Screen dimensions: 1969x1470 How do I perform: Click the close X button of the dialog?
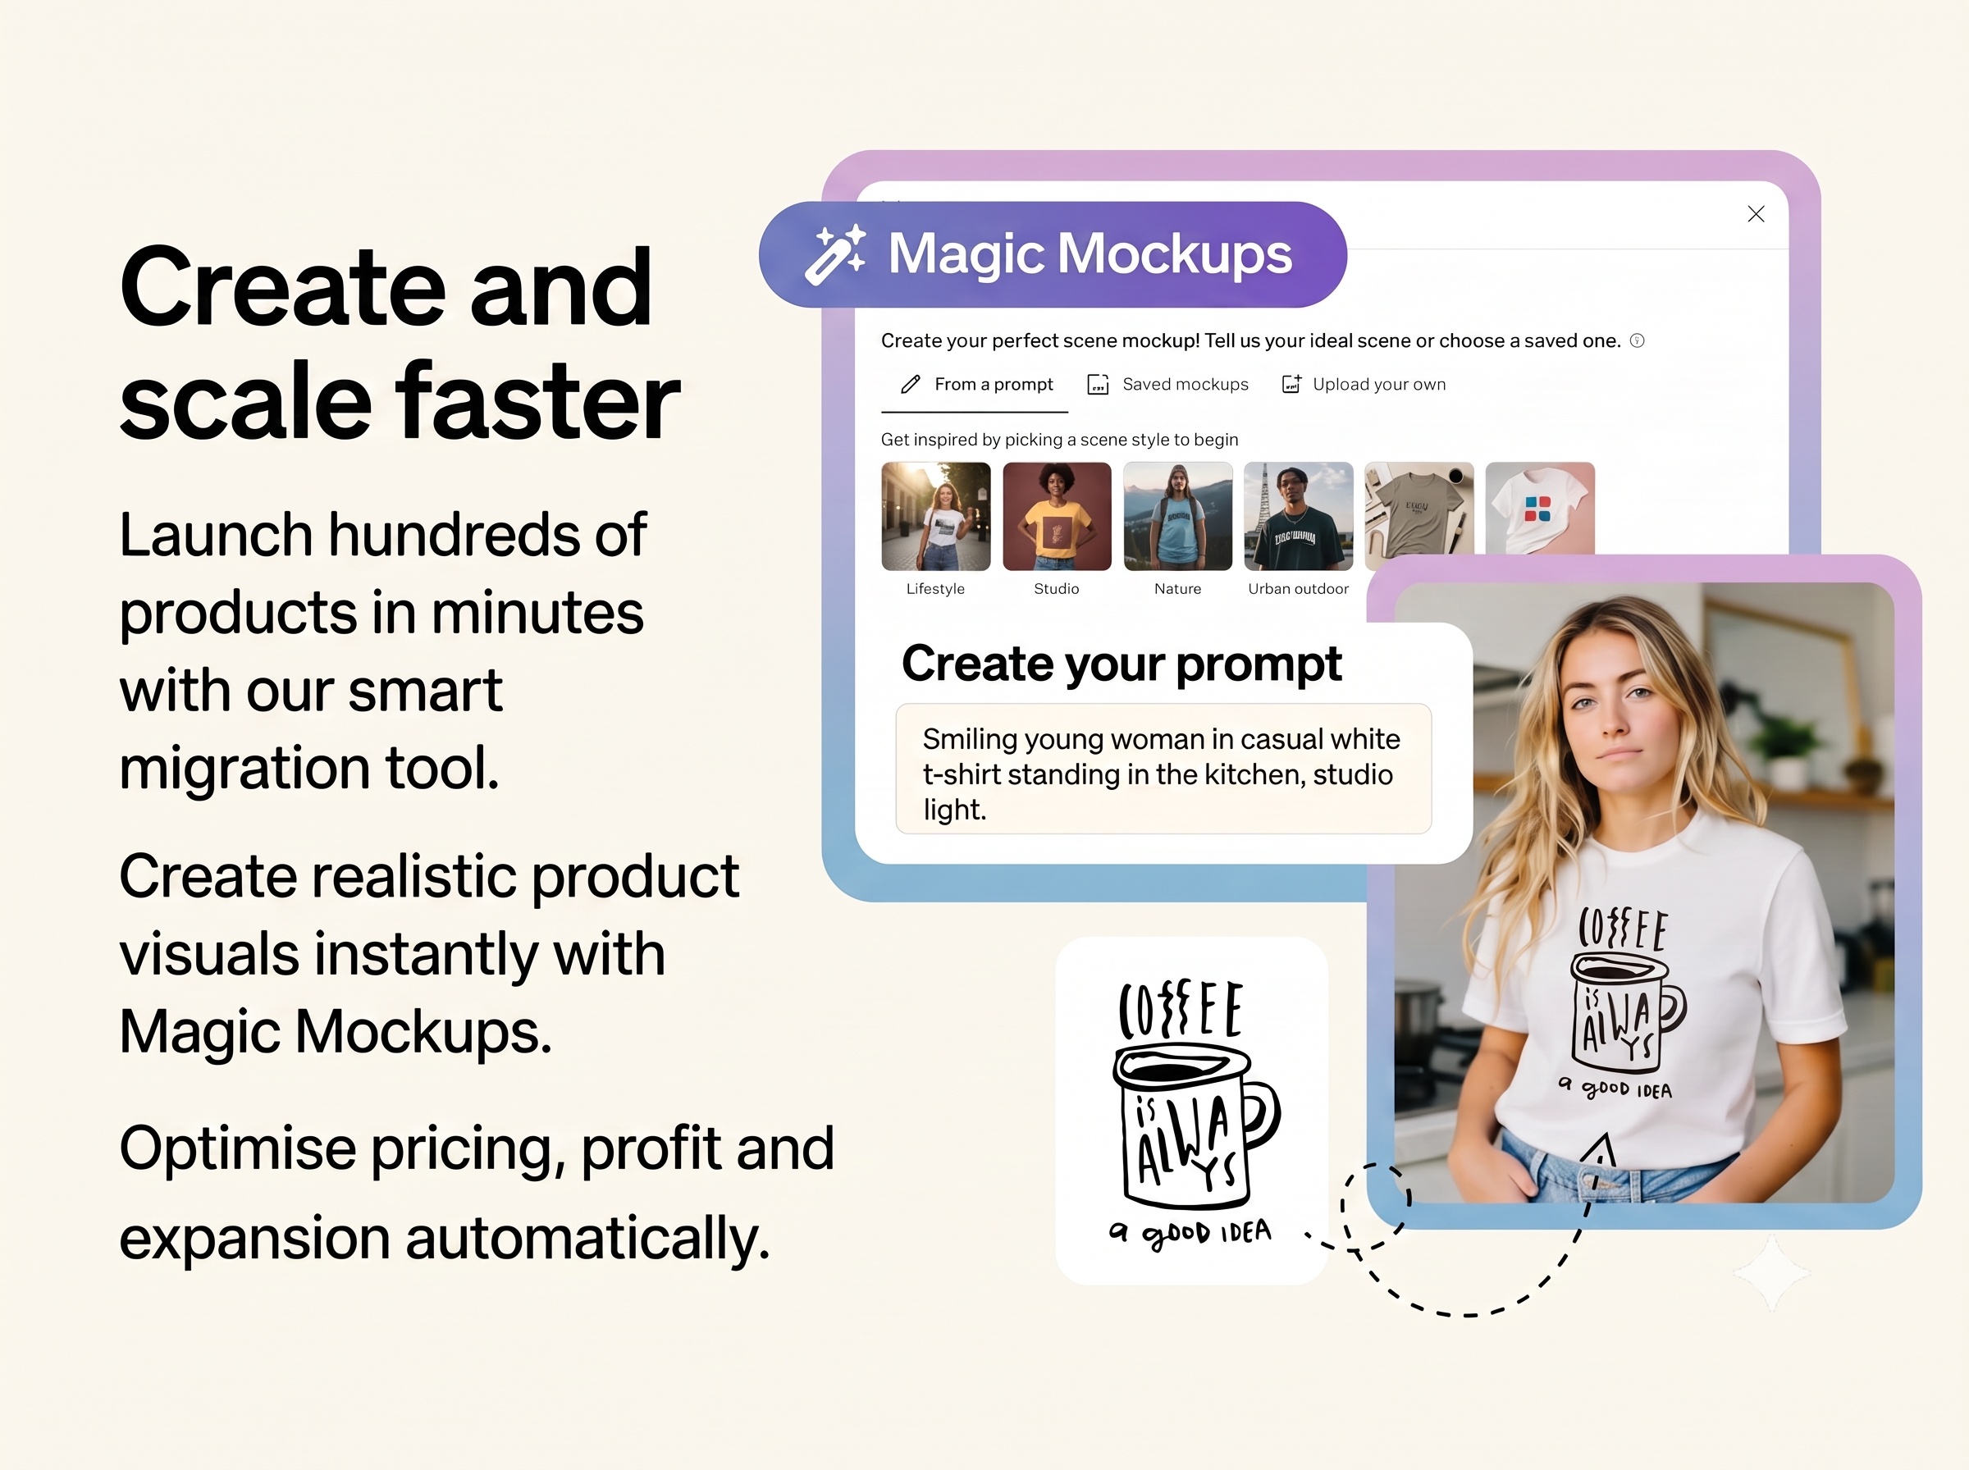[1756, 213]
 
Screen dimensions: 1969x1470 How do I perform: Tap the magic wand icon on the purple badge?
[835, 254]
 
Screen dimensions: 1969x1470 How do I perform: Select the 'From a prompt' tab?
[975, 385]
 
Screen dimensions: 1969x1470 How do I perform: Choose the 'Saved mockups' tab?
[1167, 385]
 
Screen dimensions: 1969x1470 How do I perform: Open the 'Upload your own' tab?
[1363, 385]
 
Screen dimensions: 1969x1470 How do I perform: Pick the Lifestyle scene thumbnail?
[935, 516]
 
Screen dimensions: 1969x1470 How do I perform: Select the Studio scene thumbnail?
[1057, 516]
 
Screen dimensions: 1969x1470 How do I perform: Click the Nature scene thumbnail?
[1178, 516]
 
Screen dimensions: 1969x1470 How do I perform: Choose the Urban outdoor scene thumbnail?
[1299, 516]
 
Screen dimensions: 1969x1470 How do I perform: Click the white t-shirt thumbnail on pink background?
[1540, 507]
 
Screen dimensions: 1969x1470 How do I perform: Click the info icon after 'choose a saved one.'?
[1637, 340]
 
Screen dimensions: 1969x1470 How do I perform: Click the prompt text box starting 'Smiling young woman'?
[1163, 769]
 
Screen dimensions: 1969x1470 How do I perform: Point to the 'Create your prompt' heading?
[1121, 664]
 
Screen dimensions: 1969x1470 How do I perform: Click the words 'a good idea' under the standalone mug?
[1190, 1232]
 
